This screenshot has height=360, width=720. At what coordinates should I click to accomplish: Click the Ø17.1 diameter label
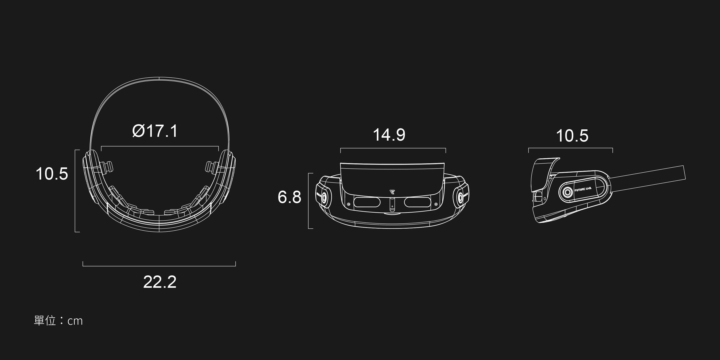point(155,131)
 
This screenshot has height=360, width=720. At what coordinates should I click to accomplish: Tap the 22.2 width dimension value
point(160,282)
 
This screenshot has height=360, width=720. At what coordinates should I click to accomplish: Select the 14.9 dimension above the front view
point(389,135)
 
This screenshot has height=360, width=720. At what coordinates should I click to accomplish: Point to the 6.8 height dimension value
point(289,197)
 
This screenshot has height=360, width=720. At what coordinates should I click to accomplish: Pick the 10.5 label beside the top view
point(52,173)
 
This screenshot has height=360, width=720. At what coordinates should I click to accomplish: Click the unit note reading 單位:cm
point(58,321)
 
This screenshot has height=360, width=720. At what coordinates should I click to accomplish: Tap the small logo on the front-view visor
point(392,192)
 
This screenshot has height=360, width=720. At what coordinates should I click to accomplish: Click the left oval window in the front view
point(367,202)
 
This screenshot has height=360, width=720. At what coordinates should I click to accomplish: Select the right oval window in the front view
point(417,202)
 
